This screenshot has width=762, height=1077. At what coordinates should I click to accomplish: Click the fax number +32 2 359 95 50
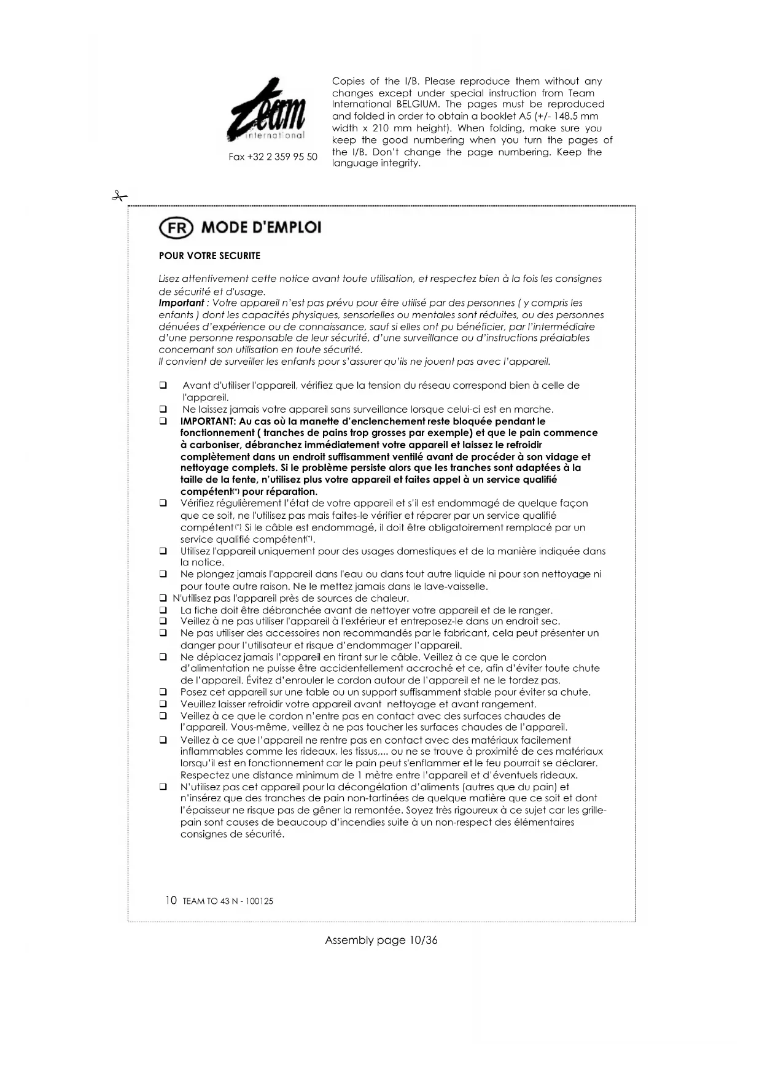[273, 157]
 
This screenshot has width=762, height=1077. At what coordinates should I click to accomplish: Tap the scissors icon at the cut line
[119, 196]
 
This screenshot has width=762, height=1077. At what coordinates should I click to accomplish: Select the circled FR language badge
[176, 228]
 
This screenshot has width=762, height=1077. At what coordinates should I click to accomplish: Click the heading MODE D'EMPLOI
[261, 228]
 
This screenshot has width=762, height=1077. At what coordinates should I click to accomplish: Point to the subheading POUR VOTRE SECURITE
[209, 256]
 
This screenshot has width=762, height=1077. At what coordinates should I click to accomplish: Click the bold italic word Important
[181, 303]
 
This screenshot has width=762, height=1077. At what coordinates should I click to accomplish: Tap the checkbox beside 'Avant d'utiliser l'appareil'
[163, 386]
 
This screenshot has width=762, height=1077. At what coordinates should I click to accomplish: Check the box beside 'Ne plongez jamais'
[163, 575]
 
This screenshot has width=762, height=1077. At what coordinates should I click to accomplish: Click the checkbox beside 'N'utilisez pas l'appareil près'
[163, 599]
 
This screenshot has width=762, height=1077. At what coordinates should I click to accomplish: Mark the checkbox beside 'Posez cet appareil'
[163, 693]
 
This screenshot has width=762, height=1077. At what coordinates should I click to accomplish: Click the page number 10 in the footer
[171, 901]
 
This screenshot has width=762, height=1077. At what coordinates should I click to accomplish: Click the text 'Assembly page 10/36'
[381, 940]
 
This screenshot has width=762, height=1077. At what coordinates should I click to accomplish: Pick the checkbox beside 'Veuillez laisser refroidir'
[163, 704]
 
